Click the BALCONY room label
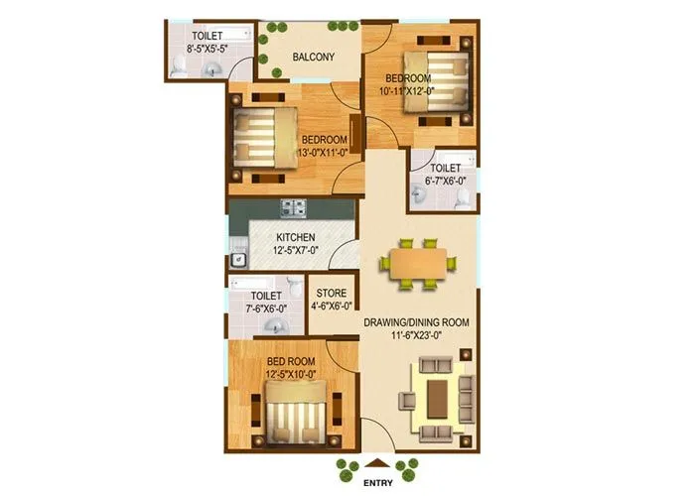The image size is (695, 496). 313,57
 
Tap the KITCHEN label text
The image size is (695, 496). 296,237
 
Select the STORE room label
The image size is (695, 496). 331,294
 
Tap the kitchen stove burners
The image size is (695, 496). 293,208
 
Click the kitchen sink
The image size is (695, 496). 238,259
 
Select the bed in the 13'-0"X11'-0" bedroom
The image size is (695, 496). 266,139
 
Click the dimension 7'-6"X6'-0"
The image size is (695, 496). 265,308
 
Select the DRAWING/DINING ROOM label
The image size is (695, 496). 416,322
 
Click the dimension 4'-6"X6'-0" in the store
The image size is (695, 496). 331,306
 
